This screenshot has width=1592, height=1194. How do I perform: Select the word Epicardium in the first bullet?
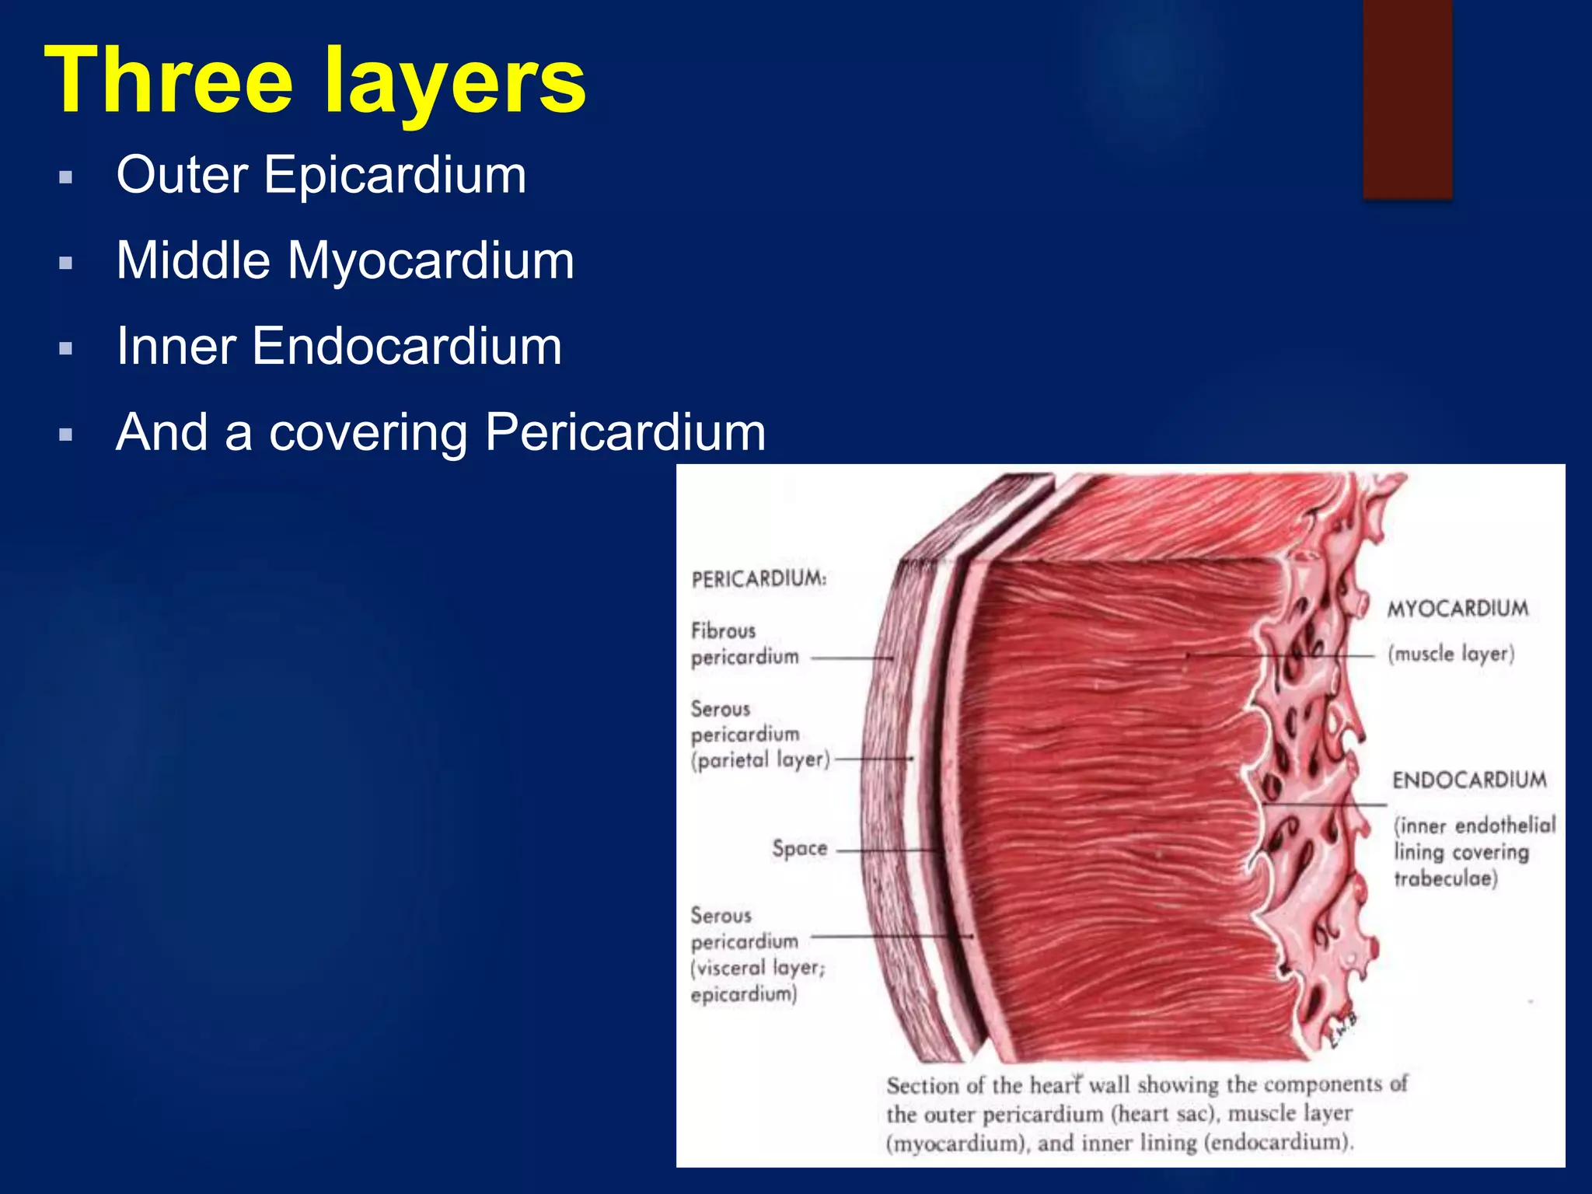coord(395,175)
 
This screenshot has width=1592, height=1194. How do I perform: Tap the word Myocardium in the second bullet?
coord(431,260)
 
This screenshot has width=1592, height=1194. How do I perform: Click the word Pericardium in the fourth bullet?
coord(625,432)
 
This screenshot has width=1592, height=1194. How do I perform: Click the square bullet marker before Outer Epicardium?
coord(66,177)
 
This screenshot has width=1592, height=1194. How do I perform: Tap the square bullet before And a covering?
coord(66,435)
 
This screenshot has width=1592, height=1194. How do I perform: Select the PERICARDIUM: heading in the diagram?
coord(759,579)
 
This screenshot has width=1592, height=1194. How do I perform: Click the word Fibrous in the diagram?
coord(723,630)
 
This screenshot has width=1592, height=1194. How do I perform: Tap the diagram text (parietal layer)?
coord(760,760)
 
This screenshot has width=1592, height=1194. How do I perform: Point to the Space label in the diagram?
coord(799,848)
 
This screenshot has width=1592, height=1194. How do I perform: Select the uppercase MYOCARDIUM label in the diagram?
coord(1458,609)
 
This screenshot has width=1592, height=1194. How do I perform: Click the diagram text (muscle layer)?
coord(1451,654)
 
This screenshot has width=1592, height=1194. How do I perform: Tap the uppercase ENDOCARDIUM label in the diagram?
coord(1469,780)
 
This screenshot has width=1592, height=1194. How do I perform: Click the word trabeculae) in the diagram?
coord(1445,879)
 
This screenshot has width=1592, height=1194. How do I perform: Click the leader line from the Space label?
coord(886,851)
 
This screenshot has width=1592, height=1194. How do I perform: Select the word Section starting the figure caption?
coord(923,1086)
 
